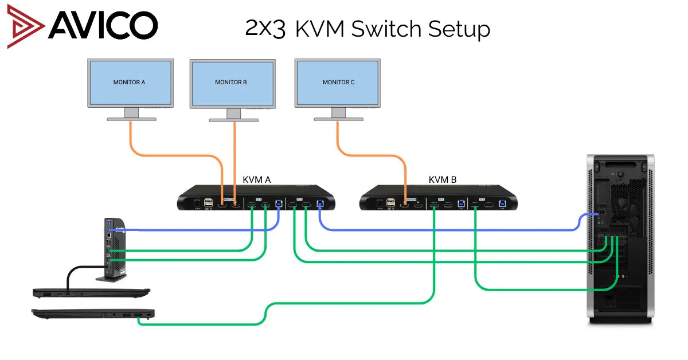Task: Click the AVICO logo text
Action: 103,25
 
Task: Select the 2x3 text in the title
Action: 265,28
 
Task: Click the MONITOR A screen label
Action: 129,82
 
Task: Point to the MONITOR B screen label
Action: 231,82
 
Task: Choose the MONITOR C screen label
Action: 338,82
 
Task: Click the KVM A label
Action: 256,179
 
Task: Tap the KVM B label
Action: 443,179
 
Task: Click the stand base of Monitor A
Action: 132,119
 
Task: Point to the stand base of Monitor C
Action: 338,119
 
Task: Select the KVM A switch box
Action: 256,198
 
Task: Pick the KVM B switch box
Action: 439,198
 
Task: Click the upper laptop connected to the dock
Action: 91,293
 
